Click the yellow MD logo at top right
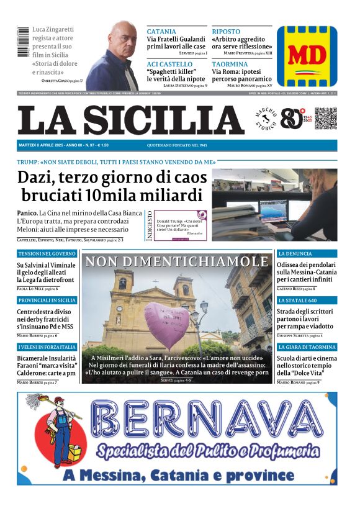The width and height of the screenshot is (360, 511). click(x=307, y=57)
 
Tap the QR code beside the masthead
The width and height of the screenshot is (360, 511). click(x=325, y=119)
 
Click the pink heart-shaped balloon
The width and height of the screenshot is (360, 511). click(x=166, y=324)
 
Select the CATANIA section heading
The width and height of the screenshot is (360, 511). click(x=161, y=31)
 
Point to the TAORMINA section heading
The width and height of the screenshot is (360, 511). click(x=230, y=64)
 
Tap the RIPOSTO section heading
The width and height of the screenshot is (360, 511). click(x=226, y=31)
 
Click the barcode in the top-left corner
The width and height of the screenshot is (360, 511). click(x=24, y=43)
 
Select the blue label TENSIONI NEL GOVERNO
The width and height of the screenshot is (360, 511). click(x=47, y=254)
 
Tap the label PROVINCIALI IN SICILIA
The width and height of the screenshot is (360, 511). click(x=47, y=301)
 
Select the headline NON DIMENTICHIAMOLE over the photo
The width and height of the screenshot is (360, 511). click(x=177, y=261)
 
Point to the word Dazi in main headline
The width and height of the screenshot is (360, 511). click(x=37, y=177)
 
